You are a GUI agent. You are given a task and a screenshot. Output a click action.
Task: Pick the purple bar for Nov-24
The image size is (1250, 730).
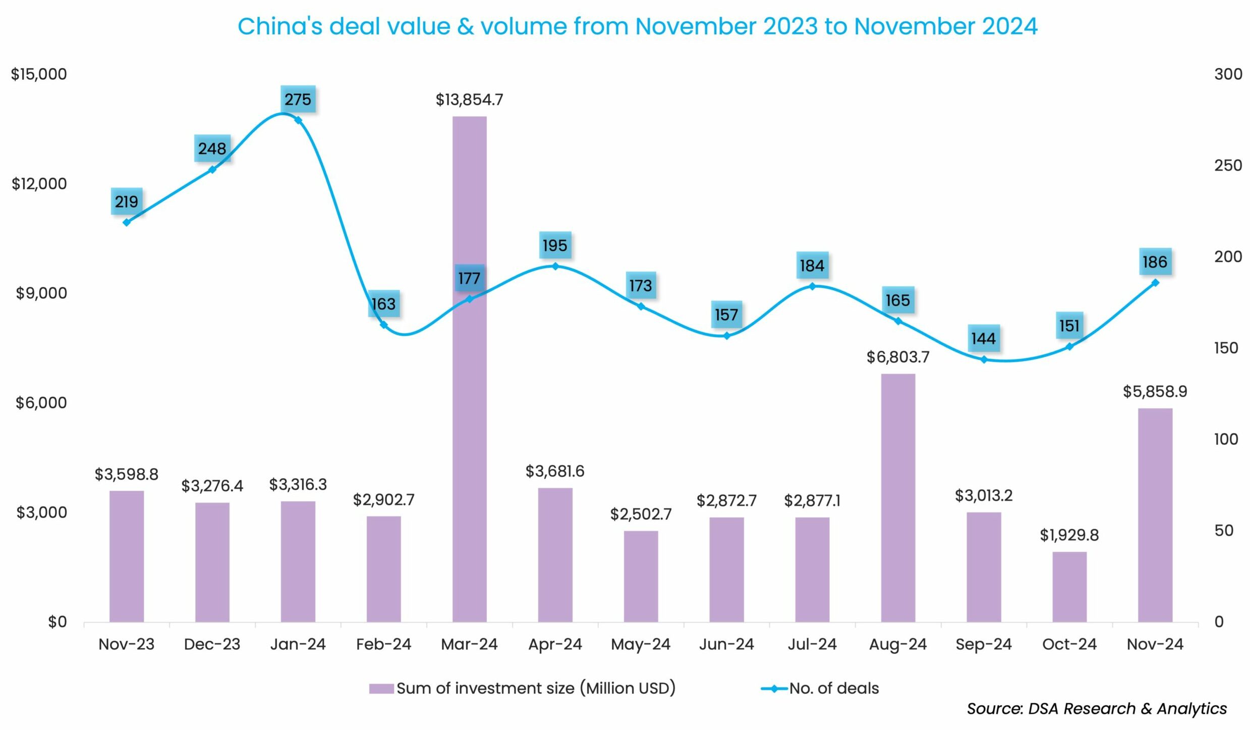[x=1155, y=515]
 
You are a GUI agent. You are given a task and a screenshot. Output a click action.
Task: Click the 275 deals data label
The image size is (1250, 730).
[x=298, y=99]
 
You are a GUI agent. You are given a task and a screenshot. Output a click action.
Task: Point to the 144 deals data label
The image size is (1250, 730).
[x=983, y=338]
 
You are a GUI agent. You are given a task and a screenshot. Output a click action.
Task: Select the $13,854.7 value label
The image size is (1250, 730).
[x=469, y=100]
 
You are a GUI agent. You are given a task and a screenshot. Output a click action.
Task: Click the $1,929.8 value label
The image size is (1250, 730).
[x=1069, y=535]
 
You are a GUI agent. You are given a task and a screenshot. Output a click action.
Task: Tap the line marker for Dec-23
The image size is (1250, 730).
[x=212, y=169]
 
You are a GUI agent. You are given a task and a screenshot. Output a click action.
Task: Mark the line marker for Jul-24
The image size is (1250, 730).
[x=812, y=286]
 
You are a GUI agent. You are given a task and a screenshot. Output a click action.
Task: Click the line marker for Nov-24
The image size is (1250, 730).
[x=1155, y=283]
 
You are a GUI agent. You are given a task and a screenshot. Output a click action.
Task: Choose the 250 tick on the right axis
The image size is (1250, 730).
[x=1228, y=166]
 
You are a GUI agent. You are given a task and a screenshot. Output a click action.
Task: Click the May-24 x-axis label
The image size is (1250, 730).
[x=641, y=644]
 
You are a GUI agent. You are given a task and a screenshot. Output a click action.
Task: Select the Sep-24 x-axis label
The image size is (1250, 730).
[x=983, y=644]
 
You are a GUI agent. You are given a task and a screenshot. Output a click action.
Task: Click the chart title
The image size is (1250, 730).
[x=637, y=26]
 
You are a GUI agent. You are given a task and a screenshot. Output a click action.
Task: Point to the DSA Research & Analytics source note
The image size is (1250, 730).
[x=1097, y=709]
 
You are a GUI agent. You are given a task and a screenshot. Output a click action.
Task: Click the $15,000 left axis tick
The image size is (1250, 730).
[x=39, y=74]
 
